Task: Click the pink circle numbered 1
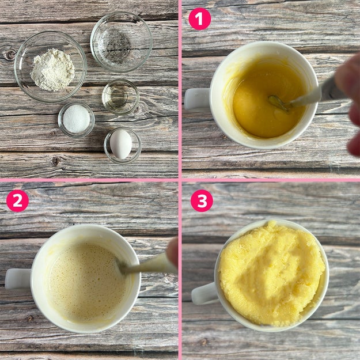click(x=199, y=19)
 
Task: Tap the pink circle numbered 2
click(x=17, y=200)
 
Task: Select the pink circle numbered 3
click(x=202, y=200)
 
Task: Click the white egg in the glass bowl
click(x=121, y=144)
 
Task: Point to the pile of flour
click(x=53, y=70)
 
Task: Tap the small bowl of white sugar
click(x=76, y=120)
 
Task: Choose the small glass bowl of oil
click(x=120, y=97)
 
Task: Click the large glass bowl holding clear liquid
click(x=122, y=42)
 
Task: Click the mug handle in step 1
click(x=198, y=99)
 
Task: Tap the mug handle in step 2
click(x=18, y=279)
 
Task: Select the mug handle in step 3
click(x=204, y=293)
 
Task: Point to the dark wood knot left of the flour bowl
click(x=10, y=55)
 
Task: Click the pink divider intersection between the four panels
click(x=180, y=180)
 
